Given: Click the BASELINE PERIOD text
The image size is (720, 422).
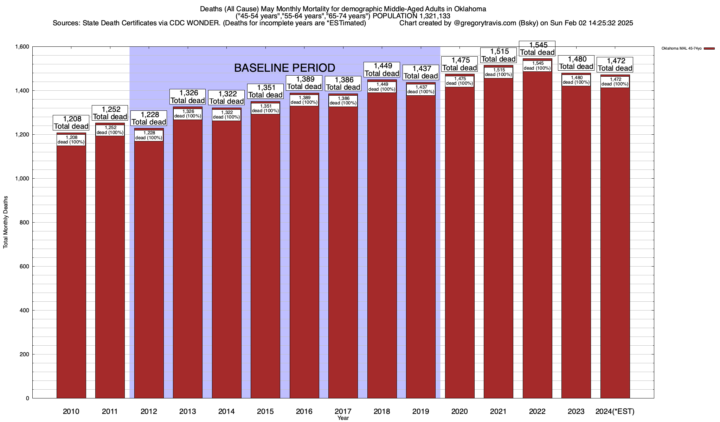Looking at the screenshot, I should tap(284, 68).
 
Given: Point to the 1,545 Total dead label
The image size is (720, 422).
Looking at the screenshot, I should tap(537, 49).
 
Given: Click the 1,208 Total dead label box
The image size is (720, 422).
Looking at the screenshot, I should tap(71, 122).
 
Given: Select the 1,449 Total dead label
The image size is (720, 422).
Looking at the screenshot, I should tap(382, 69).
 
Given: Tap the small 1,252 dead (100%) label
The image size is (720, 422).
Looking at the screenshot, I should tap(110, 130).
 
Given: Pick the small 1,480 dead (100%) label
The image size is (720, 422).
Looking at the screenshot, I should tap(576, 80).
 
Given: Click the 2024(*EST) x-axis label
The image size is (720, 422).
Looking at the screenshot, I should tap(615, 411).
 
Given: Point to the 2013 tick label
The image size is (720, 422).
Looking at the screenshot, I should tap(188, 411).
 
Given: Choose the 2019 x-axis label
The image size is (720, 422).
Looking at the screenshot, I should tap(421, 411).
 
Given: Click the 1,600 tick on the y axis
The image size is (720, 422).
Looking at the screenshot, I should tap(22, 47).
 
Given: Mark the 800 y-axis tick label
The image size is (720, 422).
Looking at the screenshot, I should tap(25, 223).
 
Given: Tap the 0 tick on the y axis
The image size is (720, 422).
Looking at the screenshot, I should tap(27, 398).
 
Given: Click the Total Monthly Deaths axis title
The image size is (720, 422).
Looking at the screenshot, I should tap(6, 222).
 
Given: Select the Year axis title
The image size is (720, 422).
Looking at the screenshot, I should tap(343, 418).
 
